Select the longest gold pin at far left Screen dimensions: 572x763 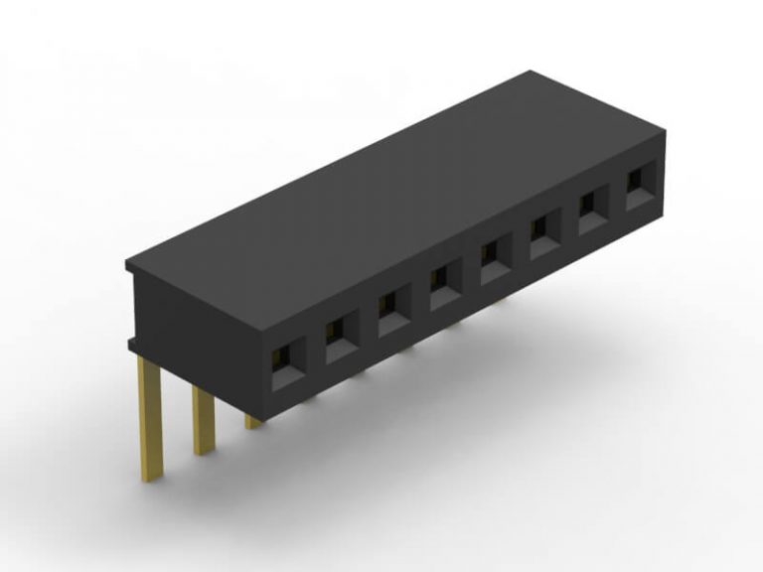[x=149, y=417]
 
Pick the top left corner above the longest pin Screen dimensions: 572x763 [x=128, y=263]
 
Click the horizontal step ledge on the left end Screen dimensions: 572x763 [x=133, y=344]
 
